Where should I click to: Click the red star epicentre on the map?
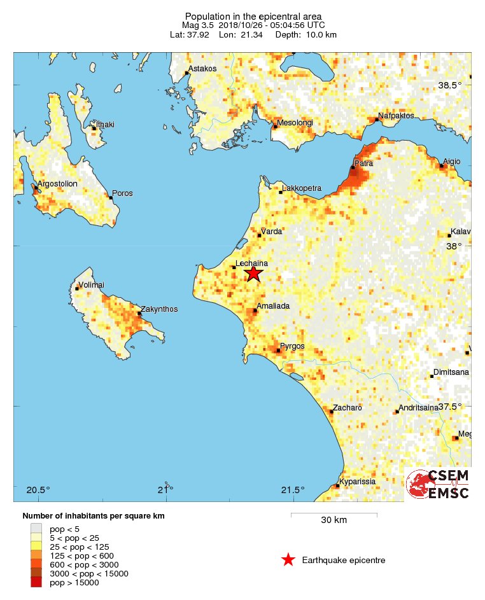(253, 274)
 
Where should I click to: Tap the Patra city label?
(365, 164)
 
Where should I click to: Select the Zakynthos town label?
(159, 309)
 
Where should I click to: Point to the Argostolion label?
(57, 184)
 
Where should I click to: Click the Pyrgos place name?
(292, 346)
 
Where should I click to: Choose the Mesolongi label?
(295, 123)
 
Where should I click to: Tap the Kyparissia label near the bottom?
(358, 482)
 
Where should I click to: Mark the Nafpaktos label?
(396, 116)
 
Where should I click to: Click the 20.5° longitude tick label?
(38, 490)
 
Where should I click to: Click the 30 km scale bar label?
(334, 520)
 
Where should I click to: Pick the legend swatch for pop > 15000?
(36, 582)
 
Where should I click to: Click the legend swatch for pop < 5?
(36, 529)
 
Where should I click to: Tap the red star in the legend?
(288, 560)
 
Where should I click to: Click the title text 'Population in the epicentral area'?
(253, 16)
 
